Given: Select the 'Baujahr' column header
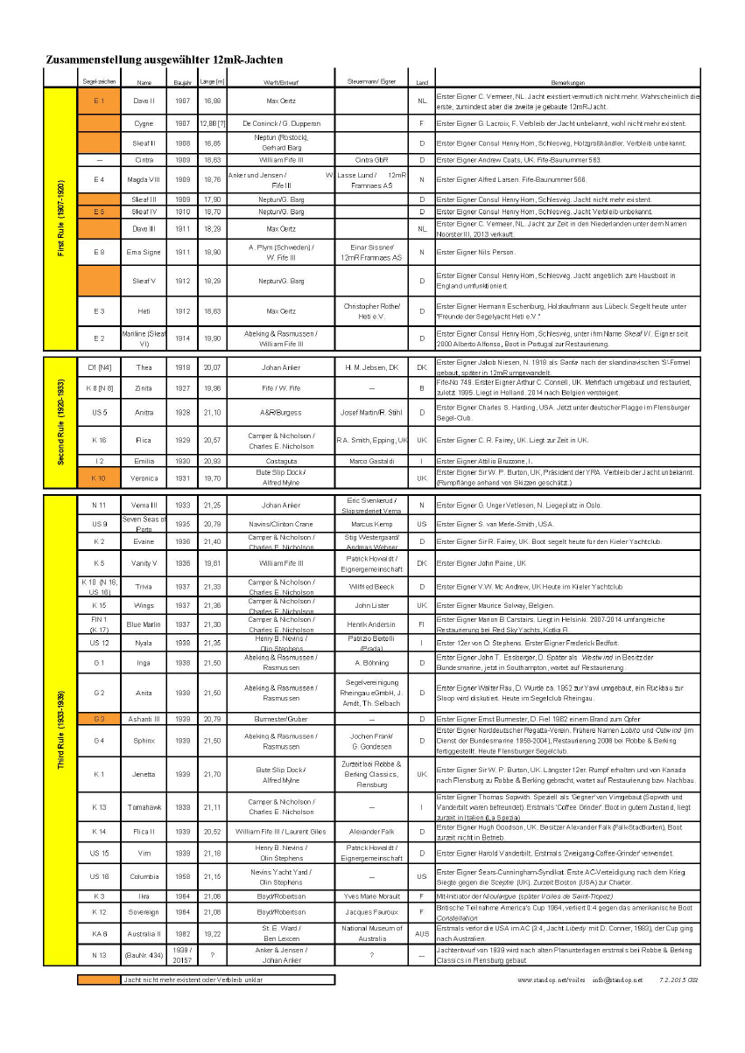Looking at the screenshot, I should click(183, 82).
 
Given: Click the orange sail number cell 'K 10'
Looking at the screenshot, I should click(99, 478).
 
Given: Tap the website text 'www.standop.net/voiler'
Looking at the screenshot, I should click(552, 980).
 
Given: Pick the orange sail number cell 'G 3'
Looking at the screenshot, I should click(99, 719).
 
